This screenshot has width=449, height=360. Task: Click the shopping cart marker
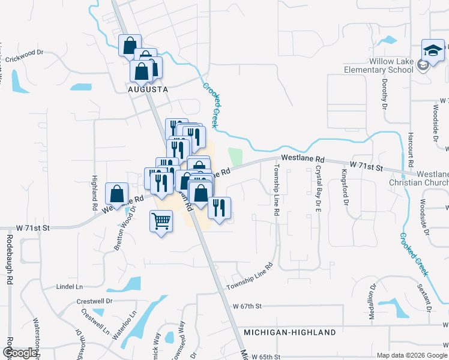161,221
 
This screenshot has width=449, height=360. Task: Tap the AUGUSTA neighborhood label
146,88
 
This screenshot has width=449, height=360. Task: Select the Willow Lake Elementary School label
378,65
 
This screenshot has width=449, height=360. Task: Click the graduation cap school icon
432,49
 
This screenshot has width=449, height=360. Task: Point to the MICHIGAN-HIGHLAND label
290,332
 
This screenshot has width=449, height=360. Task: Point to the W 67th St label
248,306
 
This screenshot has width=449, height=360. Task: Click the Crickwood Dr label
25,59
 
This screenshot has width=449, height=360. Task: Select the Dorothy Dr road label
384,94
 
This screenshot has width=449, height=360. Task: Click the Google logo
20,353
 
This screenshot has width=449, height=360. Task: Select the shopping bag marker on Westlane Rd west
117,194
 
